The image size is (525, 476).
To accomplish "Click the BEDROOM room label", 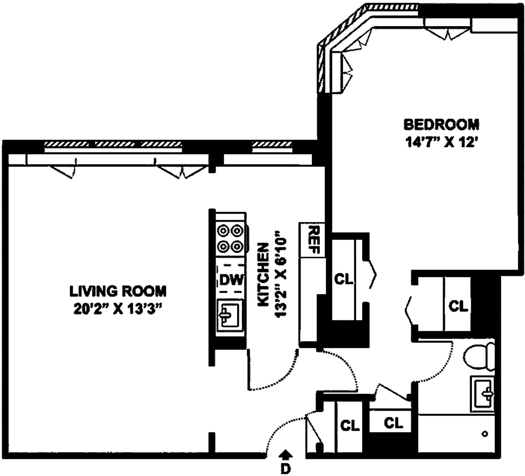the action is point(441,125).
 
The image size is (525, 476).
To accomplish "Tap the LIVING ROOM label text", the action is point(118,291).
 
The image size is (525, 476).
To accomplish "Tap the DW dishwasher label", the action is point(232,280).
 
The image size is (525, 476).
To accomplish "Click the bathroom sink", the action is point(482,394).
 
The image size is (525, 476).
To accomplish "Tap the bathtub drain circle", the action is point(485,434).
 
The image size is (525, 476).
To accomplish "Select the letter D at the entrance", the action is point(286,468).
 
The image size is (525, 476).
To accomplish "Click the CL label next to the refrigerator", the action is point(344,280).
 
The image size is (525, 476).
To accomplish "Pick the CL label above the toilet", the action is point(458,307).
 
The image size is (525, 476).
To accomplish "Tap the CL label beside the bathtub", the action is point(393,423).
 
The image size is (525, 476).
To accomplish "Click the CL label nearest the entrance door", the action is point(350,426).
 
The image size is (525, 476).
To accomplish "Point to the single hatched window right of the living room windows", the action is point(272,144).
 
